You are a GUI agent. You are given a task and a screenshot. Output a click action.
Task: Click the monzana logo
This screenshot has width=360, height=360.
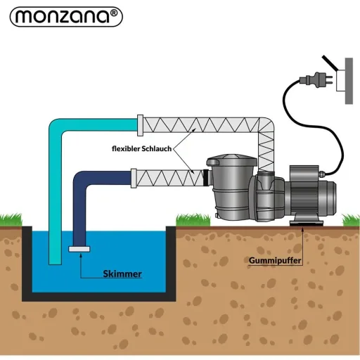(66, 17)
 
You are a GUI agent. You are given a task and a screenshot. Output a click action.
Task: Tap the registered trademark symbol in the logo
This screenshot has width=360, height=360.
(113, 13)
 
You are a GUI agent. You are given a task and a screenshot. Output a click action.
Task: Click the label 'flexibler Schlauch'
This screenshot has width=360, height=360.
(141, 149)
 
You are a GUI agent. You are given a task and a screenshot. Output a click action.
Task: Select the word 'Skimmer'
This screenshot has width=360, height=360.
(122, 274)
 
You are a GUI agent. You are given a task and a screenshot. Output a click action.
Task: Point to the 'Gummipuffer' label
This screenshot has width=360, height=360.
(275, 260)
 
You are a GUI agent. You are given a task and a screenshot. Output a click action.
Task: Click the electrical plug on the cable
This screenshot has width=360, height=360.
(316, 79)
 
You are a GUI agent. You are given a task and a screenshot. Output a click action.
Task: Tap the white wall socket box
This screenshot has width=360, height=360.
(341, 80)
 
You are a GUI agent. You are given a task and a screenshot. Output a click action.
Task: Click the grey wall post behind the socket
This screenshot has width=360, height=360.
(349, 81)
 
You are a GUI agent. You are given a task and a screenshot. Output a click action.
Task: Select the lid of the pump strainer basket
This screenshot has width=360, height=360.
(231, 160)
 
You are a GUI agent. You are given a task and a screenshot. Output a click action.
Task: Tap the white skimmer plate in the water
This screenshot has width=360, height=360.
(79, 249)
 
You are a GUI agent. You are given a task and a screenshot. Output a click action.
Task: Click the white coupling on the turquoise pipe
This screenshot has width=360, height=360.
(140, 125)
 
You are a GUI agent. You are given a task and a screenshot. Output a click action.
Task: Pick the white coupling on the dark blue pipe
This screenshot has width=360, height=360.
(134, 179)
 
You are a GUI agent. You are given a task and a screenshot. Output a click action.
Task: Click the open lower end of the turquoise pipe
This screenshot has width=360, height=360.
(55, 263)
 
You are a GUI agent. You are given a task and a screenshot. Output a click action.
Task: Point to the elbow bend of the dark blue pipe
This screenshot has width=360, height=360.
(81, 179)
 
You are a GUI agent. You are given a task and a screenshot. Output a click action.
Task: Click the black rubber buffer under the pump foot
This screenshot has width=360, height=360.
(304, 224)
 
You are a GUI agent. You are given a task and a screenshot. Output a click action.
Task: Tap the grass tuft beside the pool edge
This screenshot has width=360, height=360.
(193, 220)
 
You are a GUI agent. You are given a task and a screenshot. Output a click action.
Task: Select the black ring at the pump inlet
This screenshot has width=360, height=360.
(206, 178)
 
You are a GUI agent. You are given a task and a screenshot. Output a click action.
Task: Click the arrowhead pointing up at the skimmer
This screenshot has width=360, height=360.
(81, 255)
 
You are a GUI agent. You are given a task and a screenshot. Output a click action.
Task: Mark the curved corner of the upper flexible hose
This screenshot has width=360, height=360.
(268, 124)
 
